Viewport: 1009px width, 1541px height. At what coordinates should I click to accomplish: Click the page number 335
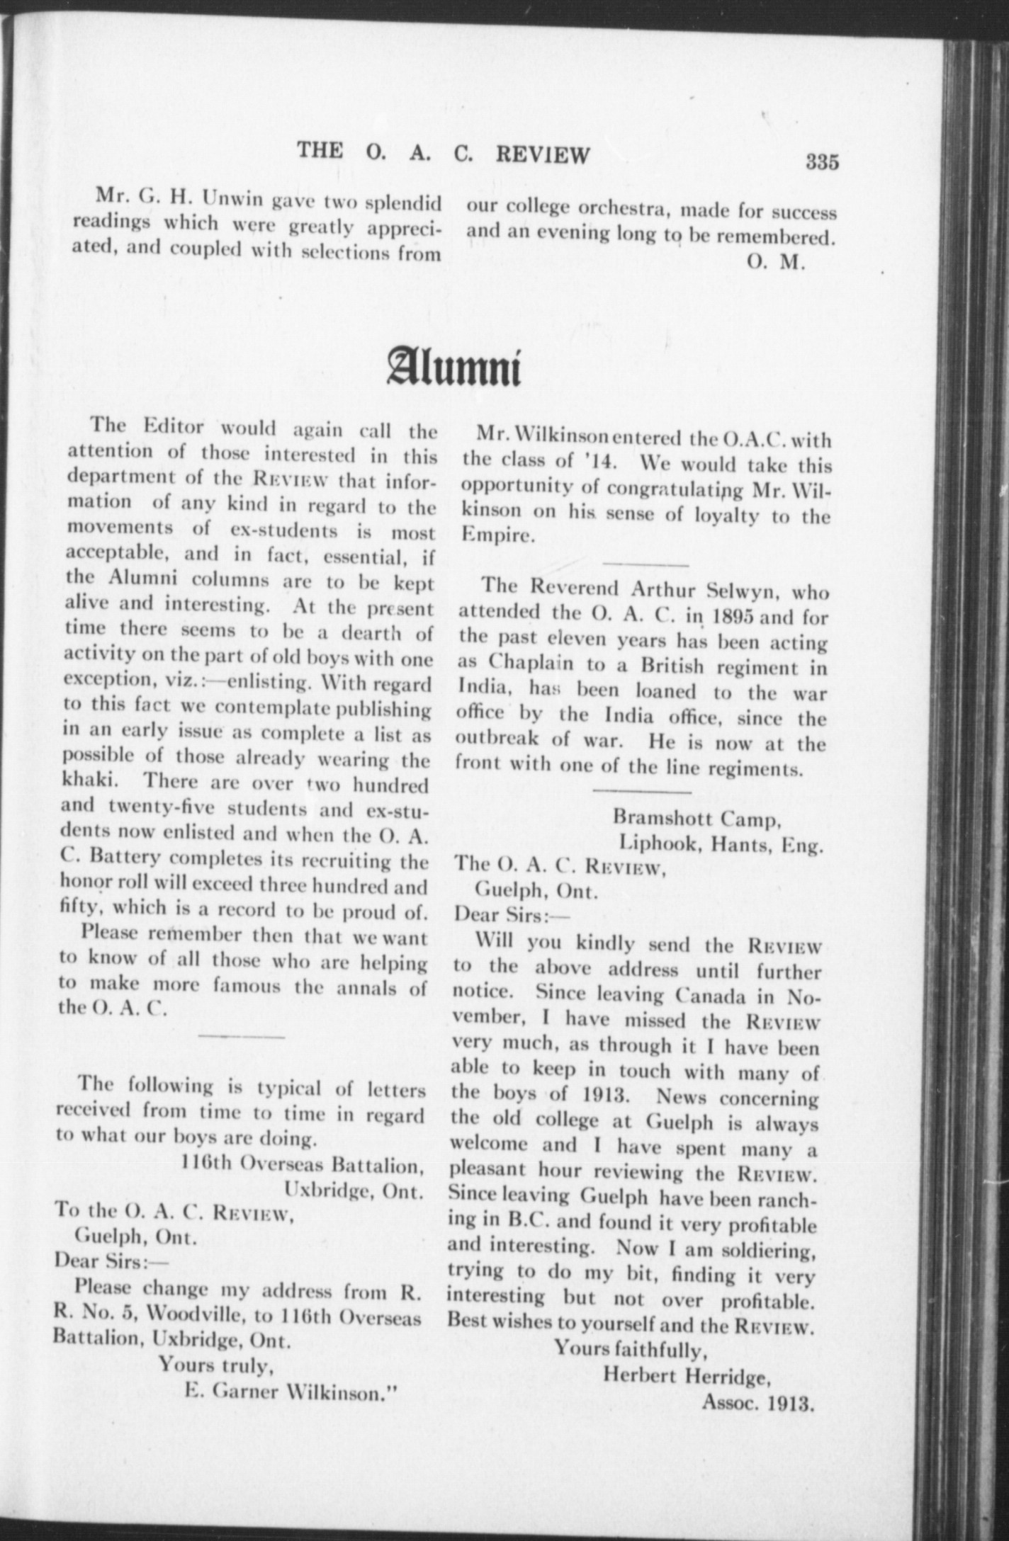click(x=822, y=162)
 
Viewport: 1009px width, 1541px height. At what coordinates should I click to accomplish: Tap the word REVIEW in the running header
click(x=542, y=154)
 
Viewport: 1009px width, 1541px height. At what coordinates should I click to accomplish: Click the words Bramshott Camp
click(x=697, y=818)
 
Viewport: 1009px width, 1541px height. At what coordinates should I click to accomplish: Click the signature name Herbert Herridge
click(x=687, y=1375)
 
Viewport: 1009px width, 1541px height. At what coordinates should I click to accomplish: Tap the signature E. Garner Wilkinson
click(x=289, y=1391)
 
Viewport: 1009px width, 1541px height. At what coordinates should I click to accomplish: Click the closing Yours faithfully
click(x=630, y=1349)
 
